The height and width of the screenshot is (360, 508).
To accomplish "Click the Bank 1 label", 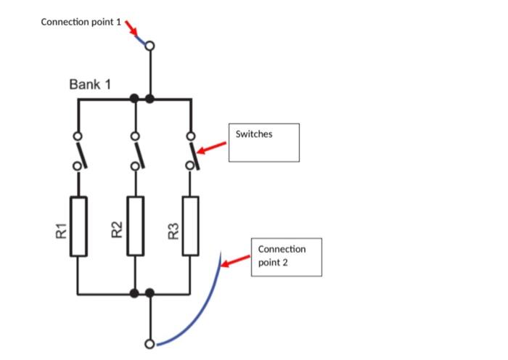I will (90, 85).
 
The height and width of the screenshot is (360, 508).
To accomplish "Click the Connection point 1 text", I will (81, 22).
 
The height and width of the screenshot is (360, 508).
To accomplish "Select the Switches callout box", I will (264, 142).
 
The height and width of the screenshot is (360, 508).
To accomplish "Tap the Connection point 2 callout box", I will (286, 256).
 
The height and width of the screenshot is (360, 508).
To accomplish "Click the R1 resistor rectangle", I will (78, 226).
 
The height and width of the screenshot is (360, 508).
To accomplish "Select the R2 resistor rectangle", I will (135, 226).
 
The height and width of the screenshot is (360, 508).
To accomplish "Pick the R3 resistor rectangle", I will (190, 226).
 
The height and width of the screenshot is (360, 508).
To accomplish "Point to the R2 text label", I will (117, 232).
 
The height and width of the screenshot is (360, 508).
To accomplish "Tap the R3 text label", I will (173, 232).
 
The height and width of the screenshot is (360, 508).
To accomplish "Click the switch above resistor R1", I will (79, 152).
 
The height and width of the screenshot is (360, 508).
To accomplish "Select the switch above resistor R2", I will (136, 152).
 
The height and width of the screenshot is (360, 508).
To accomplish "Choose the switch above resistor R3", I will (192, 152).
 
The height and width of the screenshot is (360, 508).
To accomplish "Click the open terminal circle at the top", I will (149, 46).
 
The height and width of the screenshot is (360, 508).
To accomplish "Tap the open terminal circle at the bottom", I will (149, 344).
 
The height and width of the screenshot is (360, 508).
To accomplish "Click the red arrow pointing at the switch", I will (212, 148).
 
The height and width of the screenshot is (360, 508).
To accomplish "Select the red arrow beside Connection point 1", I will (131, 28).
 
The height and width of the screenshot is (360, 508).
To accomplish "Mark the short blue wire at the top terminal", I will (141, 39).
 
